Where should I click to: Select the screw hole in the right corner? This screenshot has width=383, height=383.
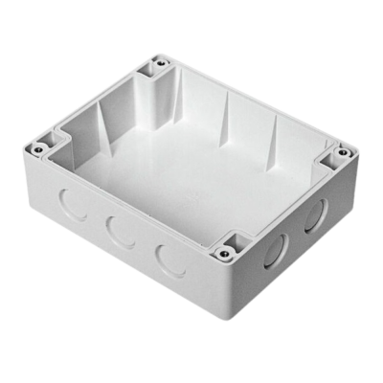(337, 152)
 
